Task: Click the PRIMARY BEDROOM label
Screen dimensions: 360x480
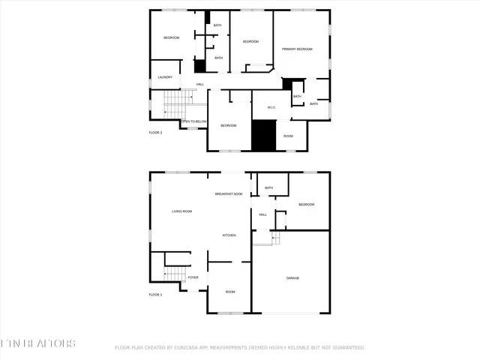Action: click(297, 49)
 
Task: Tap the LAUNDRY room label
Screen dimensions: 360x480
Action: click(165, 77)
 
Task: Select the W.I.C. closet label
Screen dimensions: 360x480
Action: click(271, 107)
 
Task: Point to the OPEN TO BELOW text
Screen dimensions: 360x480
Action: click(194, 121)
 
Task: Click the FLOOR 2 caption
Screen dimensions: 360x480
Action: click(155, 132)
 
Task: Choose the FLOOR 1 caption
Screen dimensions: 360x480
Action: click(155, 295)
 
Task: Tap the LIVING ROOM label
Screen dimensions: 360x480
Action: click(182, 211)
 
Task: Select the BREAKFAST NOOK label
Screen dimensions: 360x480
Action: click(229, 194)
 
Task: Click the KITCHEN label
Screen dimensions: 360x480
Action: click(229, 235)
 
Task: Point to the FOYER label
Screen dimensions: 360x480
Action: click(193, 277)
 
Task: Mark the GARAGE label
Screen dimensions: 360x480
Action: click(292, 278)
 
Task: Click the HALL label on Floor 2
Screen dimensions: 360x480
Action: click(200, 84)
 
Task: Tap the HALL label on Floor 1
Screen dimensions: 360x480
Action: click(262, 214)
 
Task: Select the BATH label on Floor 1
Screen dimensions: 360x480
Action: click(268, 187)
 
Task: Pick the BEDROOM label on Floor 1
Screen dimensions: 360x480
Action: click(306, 205)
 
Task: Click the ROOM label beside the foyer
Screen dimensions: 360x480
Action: click(230, 292)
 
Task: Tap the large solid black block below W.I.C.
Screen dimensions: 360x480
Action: click(263, 135)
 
